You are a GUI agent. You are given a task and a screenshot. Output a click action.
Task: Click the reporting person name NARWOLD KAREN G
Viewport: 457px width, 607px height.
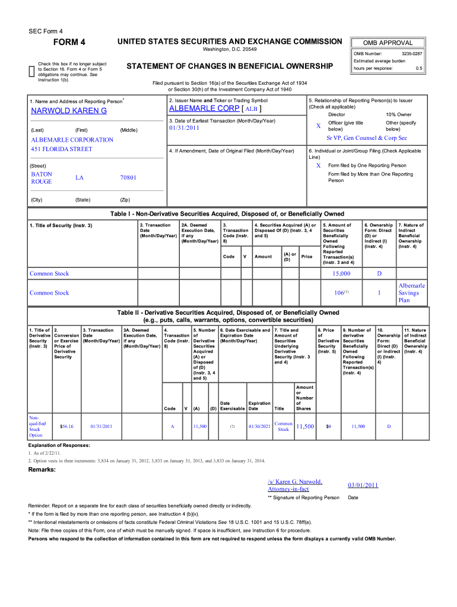69,111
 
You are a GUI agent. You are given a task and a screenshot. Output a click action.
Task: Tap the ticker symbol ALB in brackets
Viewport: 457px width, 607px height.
252,110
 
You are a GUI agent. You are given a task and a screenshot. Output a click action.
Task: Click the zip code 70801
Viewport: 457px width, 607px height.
128,178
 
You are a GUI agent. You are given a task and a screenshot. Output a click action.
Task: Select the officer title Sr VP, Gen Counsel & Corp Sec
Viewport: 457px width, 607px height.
367,138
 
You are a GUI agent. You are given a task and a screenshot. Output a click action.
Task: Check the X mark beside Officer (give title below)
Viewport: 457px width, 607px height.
318,126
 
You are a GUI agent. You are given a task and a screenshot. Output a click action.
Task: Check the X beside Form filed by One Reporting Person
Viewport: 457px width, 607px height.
318,165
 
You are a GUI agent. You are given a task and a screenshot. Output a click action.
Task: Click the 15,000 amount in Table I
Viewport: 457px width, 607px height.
341,273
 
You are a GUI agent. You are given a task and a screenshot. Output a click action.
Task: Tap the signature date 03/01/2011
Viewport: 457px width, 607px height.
363,485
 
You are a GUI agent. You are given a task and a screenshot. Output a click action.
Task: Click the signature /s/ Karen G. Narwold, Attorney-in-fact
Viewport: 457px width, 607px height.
295,485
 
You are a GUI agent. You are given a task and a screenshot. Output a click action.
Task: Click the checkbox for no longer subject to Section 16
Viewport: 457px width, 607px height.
31,72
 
